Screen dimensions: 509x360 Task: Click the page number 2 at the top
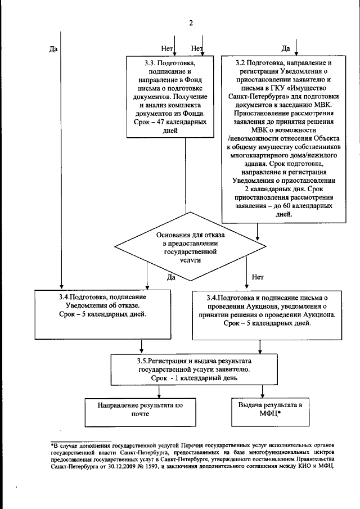point(191,23)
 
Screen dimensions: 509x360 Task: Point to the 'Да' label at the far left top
point(54,48)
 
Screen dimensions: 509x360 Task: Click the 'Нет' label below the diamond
point(258,277)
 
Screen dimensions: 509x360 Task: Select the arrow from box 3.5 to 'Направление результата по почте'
point(141,390)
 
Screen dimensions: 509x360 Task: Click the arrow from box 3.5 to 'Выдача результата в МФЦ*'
point(263,390)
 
